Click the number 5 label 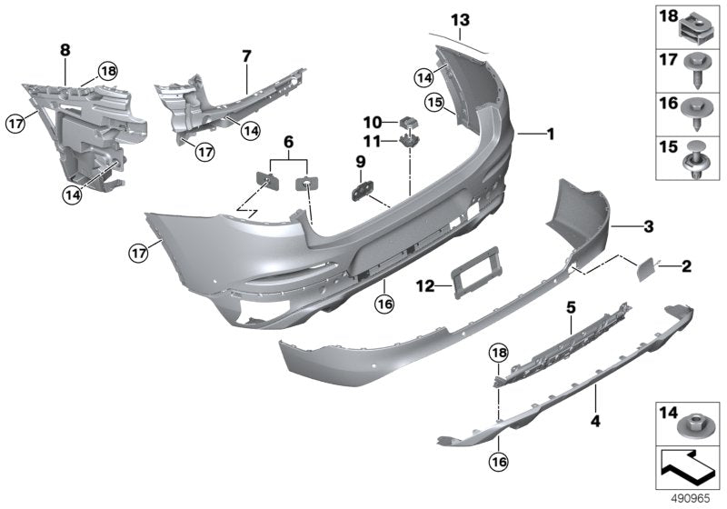572,309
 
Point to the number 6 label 288,143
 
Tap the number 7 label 245,56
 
